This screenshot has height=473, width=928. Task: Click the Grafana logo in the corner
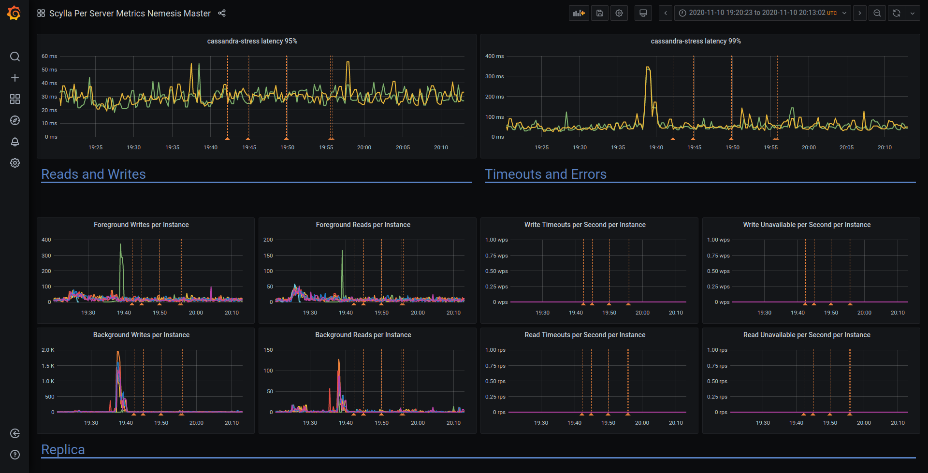(14, 13)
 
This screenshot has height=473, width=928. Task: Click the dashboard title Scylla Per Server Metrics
(130, 14)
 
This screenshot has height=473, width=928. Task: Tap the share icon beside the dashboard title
(222, 13)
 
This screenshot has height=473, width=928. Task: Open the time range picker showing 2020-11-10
(763, 13)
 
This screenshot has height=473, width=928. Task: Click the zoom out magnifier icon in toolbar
(877, 13)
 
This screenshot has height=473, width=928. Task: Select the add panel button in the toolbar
(579, 13)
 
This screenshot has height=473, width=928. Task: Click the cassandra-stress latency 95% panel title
(252, 41)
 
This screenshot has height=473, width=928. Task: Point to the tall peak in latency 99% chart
(648, 68)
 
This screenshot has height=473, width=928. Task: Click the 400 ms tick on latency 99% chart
(494, 56)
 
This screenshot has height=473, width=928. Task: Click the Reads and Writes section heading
(93, 174)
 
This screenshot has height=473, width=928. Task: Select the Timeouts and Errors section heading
(545, 174)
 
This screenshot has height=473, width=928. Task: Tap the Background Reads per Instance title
(363, 335)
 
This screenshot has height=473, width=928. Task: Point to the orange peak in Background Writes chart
(118, 352)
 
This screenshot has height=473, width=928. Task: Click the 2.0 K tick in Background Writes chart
(48, 350)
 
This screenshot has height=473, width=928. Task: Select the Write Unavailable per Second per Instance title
(806, 225)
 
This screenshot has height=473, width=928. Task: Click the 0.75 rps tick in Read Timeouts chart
(495, 366)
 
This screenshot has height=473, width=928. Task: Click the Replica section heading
(63, 449)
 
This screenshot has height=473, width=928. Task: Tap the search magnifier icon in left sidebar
(15, 57)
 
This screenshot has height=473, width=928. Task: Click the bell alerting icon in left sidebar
(15, 142)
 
